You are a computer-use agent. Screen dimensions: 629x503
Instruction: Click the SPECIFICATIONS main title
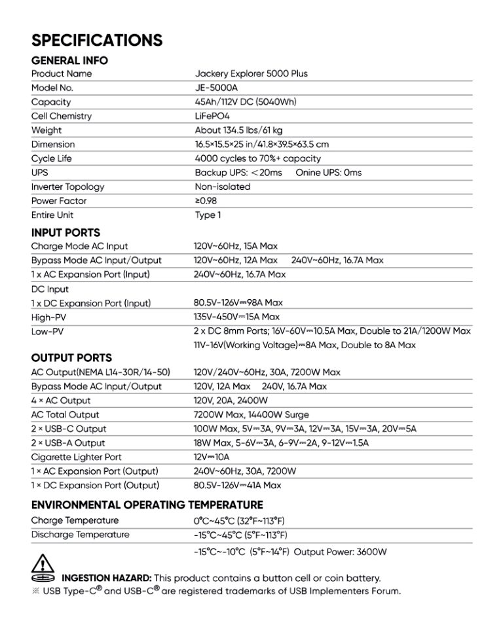click(96, 41)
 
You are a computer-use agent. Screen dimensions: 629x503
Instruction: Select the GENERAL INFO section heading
click(69, 61)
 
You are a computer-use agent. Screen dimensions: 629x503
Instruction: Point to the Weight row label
click(47, 130)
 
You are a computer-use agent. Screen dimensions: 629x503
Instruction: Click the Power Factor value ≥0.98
click(206, 201)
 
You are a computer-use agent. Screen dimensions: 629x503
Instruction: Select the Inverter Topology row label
click(67, 187)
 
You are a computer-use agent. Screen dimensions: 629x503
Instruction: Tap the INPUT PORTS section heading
click(65, 233)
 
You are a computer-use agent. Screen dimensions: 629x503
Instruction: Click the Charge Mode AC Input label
click(79, 246)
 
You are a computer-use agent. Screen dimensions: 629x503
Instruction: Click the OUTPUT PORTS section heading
click(71, 358)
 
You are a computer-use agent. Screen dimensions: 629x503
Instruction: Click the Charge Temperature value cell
click(239, 520)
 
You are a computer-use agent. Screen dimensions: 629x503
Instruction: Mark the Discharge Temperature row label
click(80, 535)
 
